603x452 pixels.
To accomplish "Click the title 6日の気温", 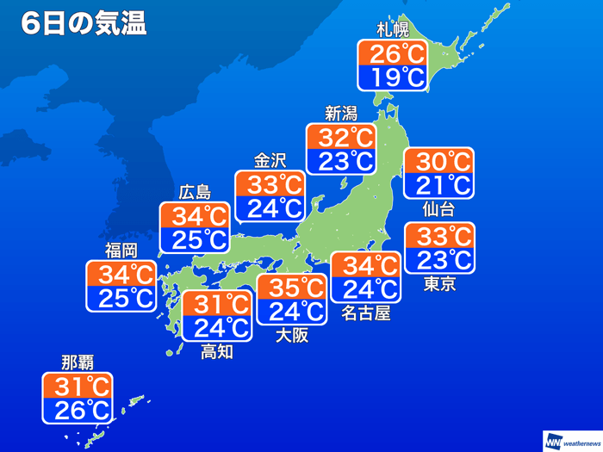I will click(x=84, y=23).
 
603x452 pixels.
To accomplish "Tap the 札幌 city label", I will click(x=392, y=30).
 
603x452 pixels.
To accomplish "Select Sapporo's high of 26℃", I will click(x=392, y=54).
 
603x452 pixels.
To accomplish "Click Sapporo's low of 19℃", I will click(x=392, y=78).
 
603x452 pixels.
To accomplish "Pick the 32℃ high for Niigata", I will click(x=341, y=138).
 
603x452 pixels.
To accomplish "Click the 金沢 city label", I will click(x=269, y=161).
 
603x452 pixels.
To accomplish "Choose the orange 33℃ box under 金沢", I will click(x=270, y=184).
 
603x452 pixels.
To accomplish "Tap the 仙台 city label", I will click(x=438, y=209).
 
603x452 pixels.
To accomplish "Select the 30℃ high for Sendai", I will click(x=438, y=161).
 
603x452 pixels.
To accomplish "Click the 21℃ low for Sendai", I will click(x=438, y=185).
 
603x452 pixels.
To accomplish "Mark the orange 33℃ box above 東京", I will click(x=439, y=235).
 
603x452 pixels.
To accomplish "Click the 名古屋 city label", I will click(x=365, y=313).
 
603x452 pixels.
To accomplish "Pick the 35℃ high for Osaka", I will click(x=291, y=287).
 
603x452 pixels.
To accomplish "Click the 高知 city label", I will click(x=216, y=350).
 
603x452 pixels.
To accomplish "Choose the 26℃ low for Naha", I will click(x=77, y=410).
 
